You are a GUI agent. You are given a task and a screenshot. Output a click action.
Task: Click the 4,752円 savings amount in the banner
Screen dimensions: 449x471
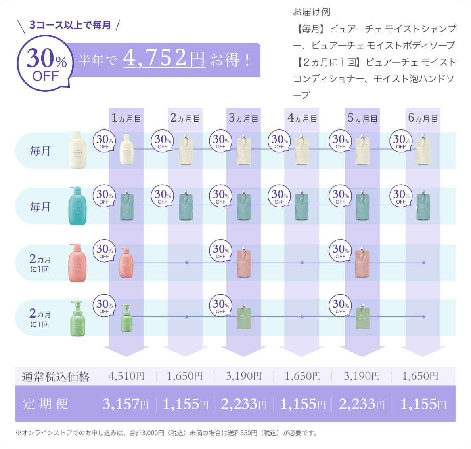coord(164,59)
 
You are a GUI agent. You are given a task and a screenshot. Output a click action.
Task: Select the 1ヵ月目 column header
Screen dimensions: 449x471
coord(126,118)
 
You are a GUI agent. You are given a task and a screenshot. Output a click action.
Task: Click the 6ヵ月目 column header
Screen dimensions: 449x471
coord(423,118)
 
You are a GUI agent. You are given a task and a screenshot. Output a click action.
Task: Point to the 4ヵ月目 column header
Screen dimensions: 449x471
coord(302,118)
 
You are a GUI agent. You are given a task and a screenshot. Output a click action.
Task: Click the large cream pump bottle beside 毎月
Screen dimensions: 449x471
coord(77,150)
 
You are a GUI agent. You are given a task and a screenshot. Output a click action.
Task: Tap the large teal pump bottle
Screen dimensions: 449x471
coord(77,206)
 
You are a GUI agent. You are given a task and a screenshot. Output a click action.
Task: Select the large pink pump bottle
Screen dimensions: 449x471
coord(77,263)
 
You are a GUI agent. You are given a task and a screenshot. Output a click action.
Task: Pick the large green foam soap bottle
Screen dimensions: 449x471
coord(78,318)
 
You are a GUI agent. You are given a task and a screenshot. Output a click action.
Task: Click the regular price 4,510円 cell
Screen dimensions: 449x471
coord(126,376)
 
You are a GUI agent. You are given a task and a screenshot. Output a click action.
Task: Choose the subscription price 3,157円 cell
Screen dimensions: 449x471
coord(126,404)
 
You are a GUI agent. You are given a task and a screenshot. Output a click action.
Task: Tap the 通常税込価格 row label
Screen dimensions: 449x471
coord(56,377)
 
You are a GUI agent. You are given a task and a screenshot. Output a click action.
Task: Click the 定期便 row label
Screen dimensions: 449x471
coord(46,404)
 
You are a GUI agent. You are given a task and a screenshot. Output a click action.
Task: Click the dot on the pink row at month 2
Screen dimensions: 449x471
coord(186,263)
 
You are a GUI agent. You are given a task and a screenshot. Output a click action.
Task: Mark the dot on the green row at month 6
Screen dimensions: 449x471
coord(424,317)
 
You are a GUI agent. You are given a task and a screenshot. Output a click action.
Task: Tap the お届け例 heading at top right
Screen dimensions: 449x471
coord(311,12)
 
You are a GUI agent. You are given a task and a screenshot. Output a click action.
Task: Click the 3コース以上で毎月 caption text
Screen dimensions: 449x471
coord(70,25)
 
